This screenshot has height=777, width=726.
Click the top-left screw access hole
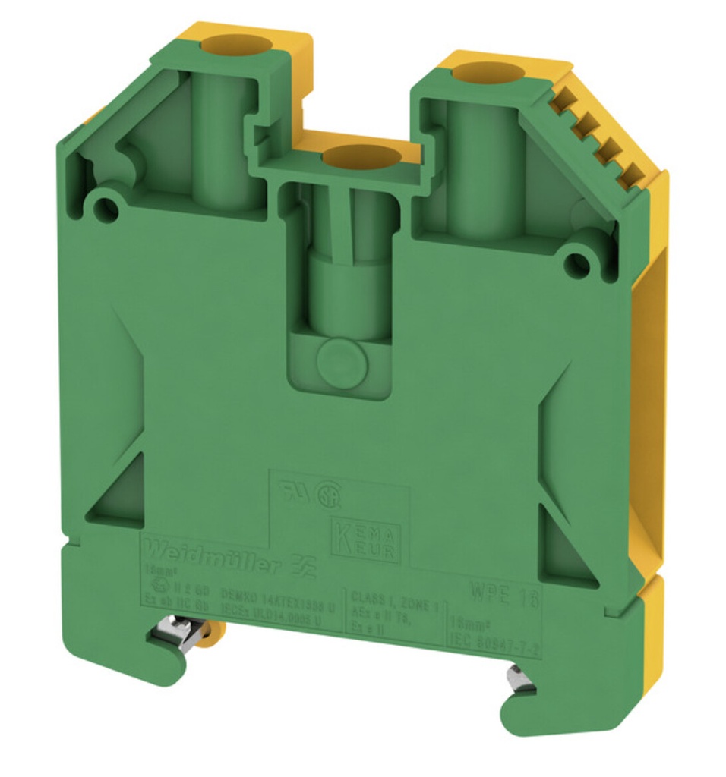tap(226, 42)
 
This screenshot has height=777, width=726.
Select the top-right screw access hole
tap(484, 74)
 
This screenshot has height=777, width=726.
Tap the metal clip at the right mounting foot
tap(522, 678)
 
